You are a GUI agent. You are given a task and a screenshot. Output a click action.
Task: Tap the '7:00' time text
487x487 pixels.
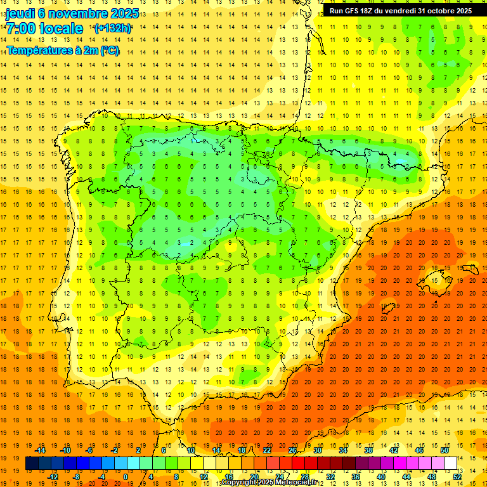pyautogui.click(x=20, y=28)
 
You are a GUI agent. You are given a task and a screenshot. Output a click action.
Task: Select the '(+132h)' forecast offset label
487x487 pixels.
pyautogui.click(x=112, y=28)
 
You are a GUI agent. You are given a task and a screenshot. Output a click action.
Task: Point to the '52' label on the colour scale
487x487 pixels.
pyautogui.click(x=457, y=477)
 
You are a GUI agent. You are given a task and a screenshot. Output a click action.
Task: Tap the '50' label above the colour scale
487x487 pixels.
pyautogui.click(x=445, y=450)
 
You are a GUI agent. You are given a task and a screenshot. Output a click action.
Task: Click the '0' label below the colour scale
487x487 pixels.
pyautogui.click(x=126, y=477)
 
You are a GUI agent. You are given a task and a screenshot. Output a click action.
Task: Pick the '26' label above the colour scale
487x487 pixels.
pyautogui.click(x=292, y=450)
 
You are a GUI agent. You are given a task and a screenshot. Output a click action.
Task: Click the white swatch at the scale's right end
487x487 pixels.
pyautogui.click(x=450, y=464)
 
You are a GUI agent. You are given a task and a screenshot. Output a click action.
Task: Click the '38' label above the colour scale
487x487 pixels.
pyautogui.click(x=368, y=450)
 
